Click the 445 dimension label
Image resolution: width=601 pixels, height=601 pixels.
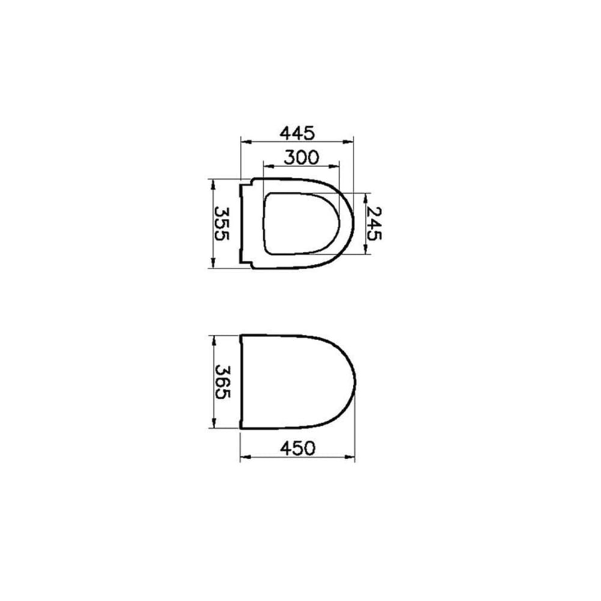[297, 133]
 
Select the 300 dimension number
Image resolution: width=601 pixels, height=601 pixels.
[301, 157]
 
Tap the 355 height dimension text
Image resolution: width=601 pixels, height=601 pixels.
[222, 224]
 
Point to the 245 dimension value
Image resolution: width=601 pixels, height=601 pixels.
[374, 224]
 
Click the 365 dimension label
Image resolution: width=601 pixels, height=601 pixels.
[222, 382]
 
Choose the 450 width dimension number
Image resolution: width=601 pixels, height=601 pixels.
[298, 448]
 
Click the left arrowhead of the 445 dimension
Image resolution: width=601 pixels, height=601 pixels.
[246, 142]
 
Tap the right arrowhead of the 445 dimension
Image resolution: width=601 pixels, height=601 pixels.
[349, 142]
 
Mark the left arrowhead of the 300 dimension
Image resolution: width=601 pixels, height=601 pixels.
[269, 166]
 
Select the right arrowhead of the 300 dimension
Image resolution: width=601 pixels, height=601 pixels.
[335, 166]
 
